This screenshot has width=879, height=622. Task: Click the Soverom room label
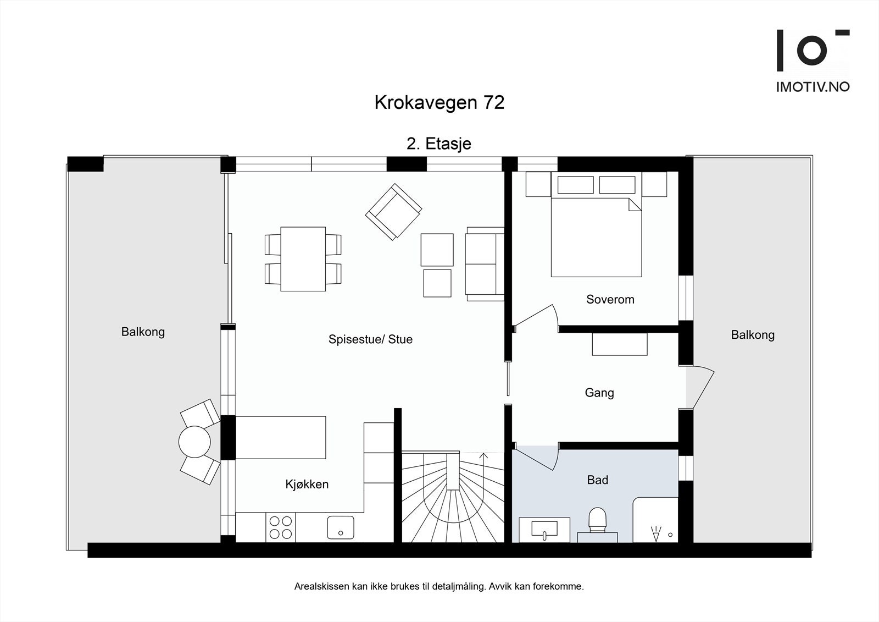click(x=610, y=300)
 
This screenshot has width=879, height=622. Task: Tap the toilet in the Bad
click(x=597, y=520)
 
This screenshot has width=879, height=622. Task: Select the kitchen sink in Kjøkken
click(x=341, y=527)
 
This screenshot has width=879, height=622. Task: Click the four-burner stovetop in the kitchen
click(x=280, y=527)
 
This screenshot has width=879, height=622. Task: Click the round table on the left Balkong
click(x=194, y=441)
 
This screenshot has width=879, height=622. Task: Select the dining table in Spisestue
click(x=303, y=258)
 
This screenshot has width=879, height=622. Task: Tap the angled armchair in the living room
click(x=393, y=212)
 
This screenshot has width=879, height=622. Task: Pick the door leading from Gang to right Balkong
click(x=702, y=388)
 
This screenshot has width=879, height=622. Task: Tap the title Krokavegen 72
click(x=439, y=103)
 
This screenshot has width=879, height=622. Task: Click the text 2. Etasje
click(x=438, y=144)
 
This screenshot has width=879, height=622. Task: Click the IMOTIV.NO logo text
click(x=813, y=87)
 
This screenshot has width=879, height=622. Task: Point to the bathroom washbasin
click(x=544, y=529)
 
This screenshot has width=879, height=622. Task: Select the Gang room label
click(x=599, y=393)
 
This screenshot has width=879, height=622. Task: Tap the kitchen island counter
click(x=281, y=437)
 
